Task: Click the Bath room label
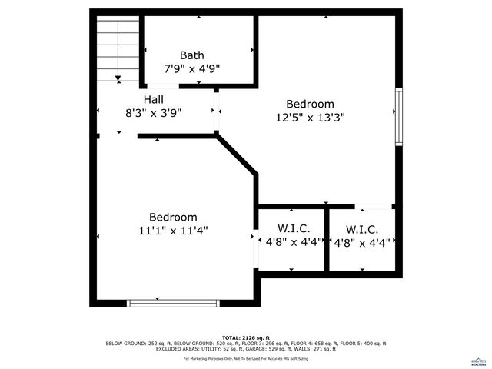(191, 55)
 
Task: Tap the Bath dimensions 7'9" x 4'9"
(191, 68)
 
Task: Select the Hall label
(153, 100)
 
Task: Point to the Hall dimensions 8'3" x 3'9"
(152, 113)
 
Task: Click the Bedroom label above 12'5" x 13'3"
(310, 105)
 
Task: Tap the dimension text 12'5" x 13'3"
(310, 118)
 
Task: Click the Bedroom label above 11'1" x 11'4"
(173, 218)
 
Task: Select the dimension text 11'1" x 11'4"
(173, 230)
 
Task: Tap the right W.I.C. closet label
(361, 229)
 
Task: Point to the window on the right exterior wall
(398, 116)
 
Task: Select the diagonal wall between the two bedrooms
(237, 155)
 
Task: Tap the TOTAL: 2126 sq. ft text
(245, 338)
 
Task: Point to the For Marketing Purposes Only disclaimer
(245, 359)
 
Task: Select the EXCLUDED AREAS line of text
(245, 349)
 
